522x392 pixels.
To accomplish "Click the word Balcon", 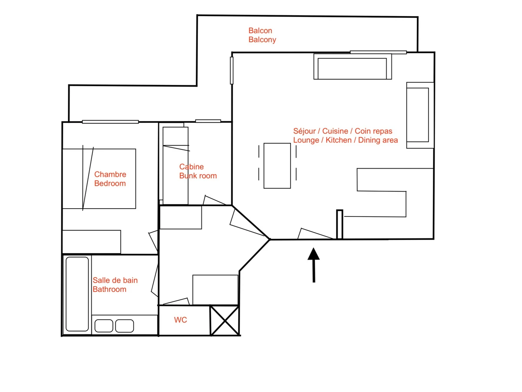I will click(260, 30).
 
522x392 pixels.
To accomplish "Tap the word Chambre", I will click(110, 174).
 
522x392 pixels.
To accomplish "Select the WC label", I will click(181, 320).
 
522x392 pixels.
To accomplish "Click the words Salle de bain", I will click(115, 280).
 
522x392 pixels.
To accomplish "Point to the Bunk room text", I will click(198, 176).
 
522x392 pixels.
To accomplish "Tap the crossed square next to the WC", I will click(224, 320).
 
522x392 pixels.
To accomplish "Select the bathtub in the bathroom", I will click(77, 294).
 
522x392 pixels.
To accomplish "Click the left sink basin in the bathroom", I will click(104, 326).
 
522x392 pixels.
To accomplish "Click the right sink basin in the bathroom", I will click(124, 326).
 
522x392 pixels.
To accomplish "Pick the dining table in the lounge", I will click(277, 166).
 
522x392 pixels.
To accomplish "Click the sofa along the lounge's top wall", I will click(352, 67).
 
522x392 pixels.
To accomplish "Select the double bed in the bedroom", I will click(99, 179).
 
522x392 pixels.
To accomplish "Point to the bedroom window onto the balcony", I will click(110, 122).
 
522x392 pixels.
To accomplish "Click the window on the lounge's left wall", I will click(232, 70).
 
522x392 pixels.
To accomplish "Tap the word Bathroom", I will click(110, 289).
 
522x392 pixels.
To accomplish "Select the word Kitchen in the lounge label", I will click(338, 140).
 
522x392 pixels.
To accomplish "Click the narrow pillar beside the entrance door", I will click(339, 224).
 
